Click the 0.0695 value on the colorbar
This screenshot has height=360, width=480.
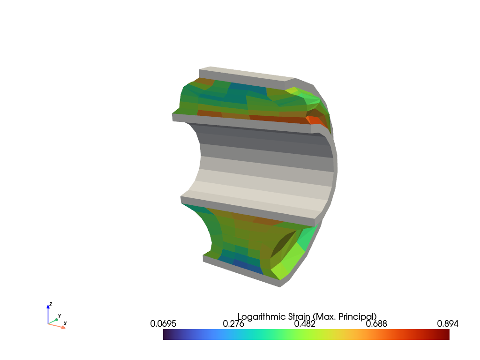coord(163,323)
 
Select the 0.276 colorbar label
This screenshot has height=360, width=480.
coord(233,323)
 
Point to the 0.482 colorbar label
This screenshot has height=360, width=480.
coord(305,323)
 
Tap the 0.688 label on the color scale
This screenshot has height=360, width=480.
coord(376,323)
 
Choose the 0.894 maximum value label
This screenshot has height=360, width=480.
coord(448,323)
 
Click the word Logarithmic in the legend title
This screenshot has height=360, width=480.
coord(262,317)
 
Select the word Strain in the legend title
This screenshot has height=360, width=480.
coord(299,316)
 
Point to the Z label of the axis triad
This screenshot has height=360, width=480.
coord(51,304)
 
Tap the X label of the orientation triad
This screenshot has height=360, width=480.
coord(65,323)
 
